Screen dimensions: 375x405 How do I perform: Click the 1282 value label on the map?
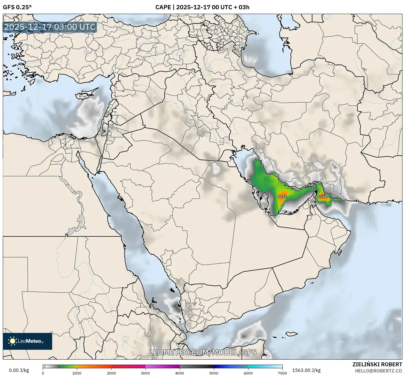pyautogui.click(x=282, y=197)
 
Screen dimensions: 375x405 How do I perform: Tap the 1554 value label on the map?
pyautogui.click(x=322, y=197)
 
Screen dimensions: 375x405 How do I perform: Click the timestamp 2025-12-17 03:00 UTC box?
pyautogui.click(x=50, y=27)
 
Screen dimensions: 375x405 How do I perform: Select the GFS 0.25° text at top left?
pyautogui.click(x=17, y=7)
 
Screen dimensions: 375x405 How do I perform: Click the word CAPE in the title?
pyautogui.click(x=163, y=7)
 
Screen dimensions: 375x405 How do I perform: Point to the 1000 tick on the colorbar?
pyautogui.click(x=77, y=373)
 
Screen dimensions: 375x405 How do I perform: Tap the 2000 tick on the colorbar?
pyautogui.click(x=111, y=373)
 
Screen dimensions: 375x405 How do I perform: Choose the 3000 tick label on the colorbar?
pyautogui.click(x=146, y=373)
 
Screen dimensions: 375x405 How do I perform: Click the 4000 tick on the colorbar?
pyautogui.click(x=180, y=373)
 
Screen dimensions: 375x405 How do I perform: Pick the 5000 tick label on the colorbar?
pyautogui.click(x=214, y=373)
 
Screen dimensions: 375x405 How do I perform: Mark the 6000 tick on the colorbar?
pyautogui.click(x=248, y=373)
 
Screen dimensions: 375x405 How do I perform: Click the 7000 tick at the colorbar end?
pyautogui.click(x=282, y=373)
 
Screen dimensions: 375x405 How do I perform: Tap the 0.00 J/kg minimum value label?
pyautogui.click(x=19, y=370)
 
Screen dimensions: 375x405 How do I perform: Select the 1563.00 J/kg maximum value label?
pyautogui.click(x=306, y=370)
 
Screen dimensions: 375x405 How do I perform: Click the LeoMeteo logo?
pyautogui.click(x=27, y=341)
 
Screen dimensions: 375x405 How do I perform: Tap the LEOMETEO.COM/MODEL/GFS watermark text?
pyautogui.click(x=202, y=352)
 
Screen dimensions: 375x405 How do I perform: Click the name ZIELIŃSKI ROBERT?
pyautogui.click(x=377, y=364)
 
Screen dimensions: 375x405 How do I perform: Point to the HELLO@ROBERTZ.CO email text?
pyautogui.click(x=378, y=371)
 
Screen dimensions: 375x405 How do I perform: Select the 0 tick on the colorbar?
pyautogui.click(x=43, y=373)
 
